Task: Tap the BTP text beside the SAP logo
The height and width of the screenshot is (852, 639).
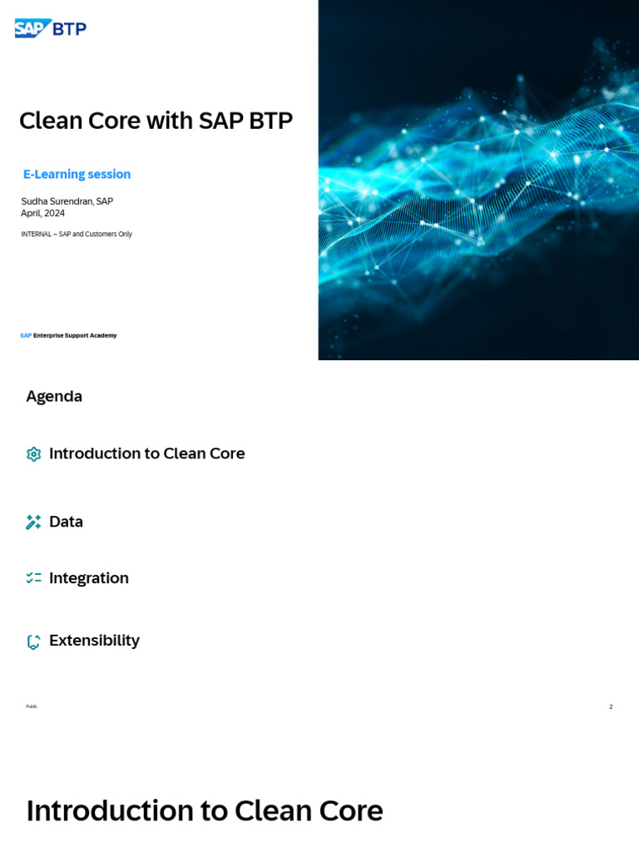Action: point(70,29)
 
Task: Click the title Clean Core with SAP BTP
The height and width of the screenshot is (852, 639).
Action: point(156,121)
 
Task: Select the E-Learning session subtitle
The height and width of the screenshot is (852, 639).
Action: point(77,174)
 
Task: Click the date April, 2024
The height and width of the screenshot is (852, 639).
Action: point(42,213)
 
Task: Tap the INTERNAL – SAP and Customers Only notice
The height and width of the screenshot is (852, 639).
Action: point(77,234)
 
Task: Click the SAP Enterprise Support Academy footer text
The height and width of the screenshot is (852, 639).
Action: point(68,335)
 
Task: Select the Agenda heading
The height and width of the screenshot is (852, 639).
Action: point(54,396)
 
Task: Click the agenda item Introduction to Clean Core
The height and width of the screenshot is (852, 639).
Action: point(146,453)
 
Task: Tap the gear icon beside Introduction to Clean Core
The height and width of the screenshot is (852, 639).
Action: point(33,454)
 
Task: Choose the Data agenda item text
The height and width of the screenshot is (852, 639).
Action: point(66,522)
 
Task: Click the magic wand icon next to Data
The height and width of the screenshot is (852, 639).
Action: point(33,523)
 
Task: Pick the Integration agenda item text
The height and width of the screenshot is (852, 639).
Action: point(89,577)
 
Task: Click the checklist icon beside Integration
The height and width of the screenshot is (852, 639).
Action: point(33,577)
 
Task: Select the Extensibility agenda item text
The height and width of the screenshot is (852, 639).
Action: point(94,640)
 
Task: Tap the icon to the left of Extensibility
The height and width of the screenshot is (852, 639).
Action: point(33,641)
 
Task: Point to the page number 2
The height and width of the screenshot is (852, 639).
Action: point(611,706)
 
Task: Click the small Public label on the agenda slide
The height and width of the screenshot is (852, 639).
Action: point(32,706)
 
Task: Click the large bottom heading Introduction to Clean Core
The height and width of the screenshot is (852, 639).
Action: point(205,810)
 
